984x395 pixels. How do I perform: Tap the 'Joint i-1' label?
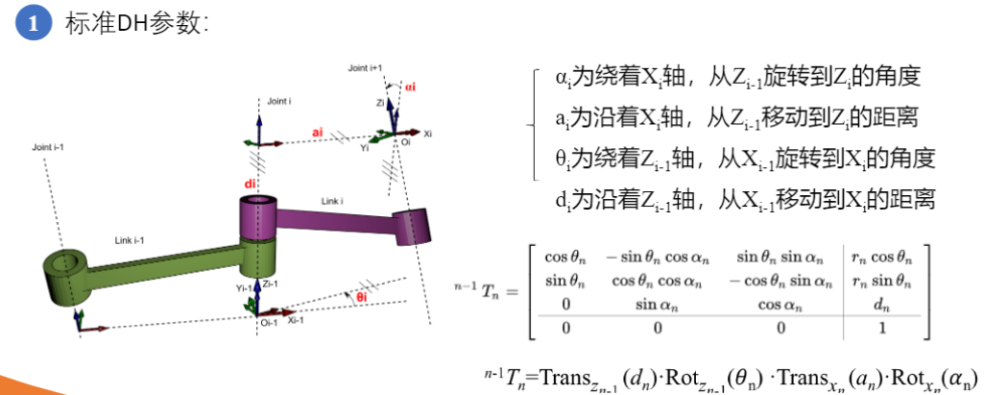51,147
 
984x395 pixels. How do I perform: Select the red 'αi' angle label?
410,86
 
